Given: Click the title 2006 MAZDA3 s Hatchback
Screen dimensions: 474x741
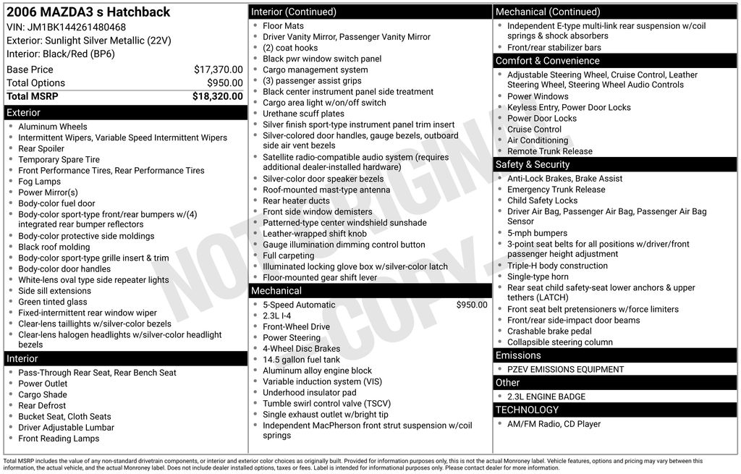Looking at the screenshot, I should (x=88, y=12).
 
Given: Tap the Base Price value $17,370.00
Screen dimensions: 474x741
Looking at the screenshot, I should (x=218, y=69).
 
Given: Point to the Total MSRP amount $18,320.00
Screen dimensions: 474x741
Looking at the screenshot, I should (x=217, y=96).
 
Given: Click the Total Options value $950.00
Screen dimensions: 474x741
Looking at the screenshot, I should (x=224, y=82).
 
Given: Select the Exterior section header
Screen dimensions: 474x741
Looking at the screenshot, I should (x=24, y=113).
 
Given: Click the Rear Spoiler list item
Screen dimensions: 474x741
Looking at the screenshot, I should (x=41, y=148).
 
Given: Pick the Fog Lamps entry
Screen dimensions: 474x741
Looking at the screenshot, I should (x=39, y=182).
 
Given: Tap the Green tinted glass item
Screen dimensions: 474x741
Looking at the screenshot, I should (x=52, y=302).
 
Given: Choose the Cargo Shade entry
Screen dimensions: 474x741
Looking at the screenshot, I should (x=43, y=394).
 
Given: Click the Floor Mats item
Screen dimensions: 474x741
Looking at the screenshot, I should (x=283, y=26).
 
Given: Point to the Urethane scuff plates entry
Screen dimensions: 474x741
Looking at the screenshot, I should (x=303, y=114).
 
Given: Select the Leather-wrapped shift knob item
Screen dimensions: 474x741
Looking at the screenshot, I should (x=314, y=234).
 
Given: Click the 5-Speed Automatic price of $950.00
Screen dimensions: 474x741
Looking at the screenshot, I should (x=472, y=305).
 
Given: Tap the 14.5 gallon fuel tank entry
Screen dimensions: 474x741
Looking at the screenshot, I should (x=301, y=360).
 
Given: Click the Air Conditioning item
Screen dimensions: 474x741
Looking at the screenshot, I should (x=537, y=140).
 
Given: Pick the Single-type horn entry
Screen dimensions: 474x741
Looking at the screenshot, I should (x=538, y=276).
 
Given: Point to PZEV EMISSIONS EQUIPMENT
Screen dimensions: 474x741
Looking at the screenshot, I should (x=565, y=369).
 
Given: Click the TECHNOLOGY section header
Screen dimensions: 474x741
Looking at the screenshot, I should (x=528, y=410).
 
